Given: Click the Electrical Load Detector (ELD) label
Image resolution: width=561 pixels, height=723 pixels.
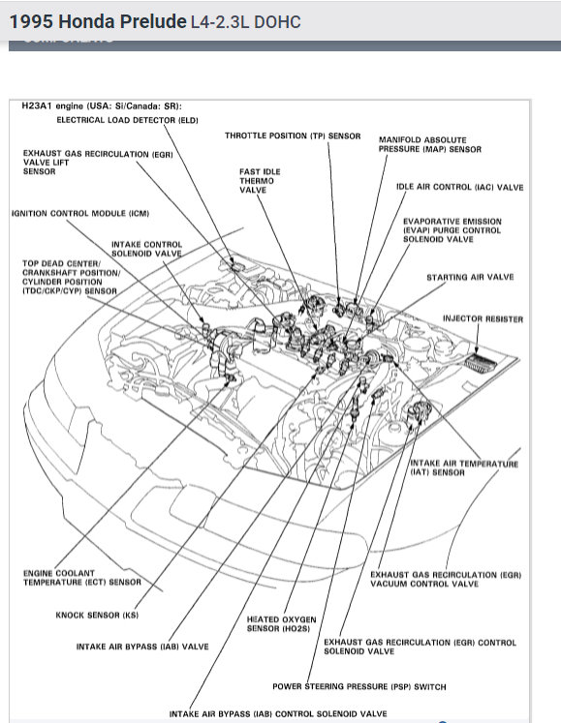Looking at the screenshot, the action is point(128,120).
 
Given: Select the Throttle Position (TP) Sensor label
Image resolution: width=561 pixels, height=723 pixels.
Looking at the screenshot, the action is point(293,136).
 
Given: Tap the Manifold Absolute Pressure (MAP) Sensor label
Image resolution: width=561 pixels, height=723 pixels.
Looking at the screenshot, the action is point(430,144).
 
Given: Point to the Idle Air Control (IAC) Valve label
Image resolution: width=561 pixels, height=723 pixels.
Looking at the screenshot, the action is point(460,187).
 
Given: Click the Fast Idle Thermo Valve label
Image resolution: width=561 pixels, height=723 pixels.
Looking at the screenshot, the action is point(260,181).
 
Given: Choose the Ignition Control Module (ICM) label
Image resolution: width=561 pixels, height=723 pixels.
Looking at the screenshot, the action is point(80,214).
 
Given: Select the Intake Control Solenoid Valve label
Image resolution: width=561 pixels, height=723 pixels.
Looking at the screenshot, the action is point(147,249).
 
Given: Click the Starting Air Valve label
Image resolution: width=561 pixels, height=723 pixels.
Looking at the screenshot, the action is point(470,277).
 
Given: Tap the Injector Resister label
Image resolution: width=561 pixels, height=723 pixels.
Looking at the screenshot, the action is point(483,318).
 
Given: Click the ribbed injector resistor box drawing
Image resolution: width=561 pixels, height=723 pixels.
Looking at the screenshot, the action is point(481,363).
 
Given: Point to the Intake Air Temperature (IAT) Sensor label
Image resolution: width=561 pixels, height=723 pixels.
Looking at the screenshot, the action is point(464,468).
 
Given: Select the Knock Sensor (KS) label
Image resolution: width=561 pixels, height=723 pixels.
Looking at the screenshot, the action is point(97,616).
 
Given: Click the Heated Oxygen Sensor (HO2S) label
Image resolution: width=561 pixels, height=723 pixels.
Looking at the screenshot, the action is point(281,624).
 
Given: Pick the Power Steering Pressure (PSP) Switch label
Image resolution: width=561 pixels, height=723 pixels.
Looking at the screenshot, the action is point(359,686).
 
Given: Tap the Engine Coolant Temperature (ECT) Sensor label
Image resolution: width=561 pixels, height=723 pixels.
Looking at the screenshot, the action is point(82,578).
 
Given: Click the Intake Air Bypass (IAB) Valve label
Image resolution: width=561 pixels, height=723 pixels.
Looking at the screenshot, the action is point(142,647).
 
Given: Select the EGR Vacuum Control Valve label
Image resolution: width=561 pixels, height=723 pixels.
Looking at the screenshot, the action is point(446,579).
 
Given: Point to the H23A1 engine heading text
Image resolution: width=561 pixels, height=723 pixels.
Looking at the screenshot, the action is point(102,106).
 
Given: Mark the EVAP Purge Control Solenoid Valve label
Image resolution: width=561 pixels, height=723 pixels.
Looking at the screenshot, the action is point(452,230).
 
